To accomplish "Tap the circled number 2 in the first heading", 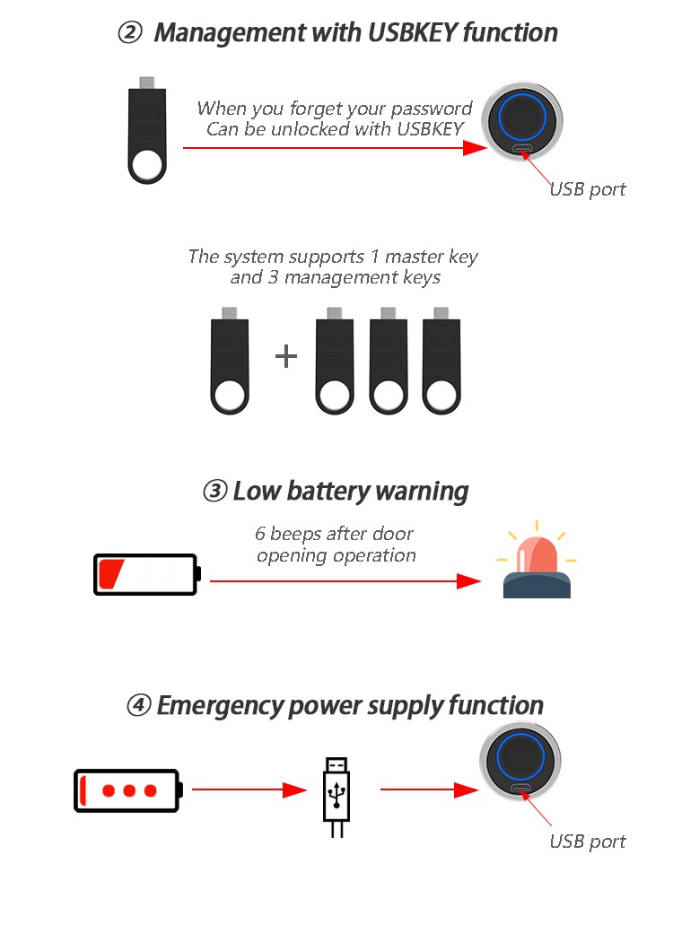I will (130, 33).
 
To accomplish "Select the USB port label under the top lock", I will (587, 189).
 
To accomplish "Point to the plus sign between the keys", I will (285, 356).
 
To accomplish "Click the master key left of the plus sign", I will (230, 363).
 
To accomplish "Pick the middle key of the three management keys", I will (389, 363).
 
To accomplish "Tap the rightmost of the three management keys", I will (441, 363).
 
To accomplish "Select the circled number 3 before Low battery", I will (214, 492).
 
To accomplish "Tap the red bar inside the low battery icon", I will (112, 574).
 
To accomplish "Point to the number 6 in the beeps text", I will (260, 534).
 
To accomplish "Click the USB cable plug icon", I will (336, 794).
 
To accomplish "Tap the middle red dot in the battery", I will (129, 790).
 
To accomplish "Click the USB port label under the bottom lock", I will (587, 841).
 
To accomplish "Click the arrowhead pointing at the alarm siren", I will (468, 581).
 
